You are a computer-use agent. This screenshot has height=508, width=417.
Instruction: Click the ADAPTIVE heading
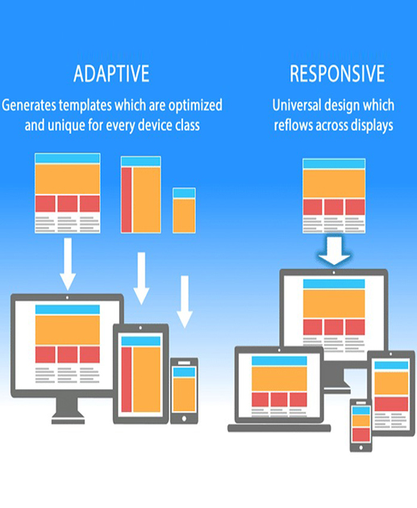[x=111, y=73]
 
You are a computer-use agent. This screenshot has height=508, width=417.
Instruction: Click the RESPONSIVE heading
[x=337, y=73]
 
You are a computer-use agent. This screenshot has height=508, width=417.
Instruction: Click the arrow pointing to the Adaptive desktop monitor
[x=68, y=264]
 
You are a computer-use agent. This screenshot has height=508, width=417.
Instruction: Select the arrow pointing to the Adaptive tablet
[x=141, y=279]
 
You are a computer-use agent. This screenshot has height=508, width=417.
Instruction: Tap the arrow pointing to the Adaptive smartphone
[x=185, y=302]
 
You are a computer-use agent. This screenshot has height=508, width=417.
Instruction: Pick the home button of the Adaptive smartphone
[x=184, y=418]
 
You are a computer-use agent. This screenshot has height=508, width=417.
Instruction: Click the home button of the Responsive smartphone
[x=361, y=447]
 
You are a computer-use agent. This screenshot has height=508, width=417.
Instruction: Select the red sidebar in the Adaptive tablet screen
[x=127, y=380]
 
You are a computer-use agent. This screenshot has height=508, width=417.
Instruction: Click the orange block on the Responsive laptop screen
[x=279, y=379]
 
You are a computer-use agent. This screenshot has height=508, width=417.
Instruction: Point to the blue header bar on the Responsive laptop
[x=279, y=361]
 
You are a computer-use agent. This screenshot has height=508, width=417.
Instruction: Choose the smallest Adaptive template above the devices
[x=184, y=210]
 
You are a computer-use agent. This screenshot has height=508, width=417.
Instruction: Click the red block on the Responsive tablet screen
[x=391, y=404]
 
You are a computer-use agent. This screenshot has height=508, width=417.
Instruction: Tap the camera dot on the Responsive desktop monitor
[x=334, y=272]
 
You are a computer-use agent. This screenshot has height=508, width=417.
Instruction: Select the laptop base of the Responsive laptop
[x=279, y=428]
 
